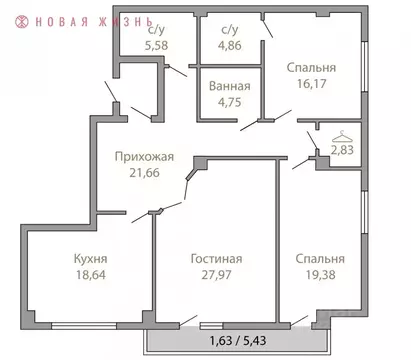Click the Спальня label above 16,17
point(311,68)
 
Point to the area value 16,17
point(311,84)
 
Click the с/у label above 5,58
point(155,30)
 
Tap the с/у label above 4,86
point(233,30)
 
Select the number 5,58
point(155,45)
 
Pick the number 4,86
point(233,45)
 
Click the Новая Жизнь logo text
point(91,19)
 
